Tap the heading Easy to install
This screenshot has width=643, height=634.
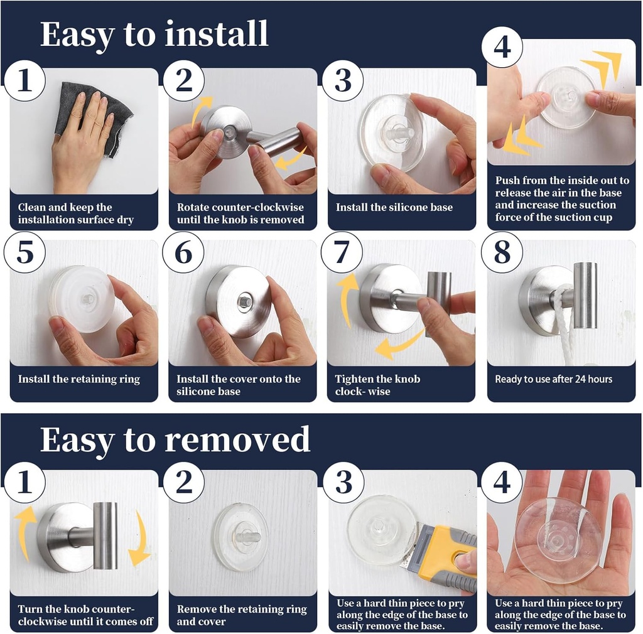pos(154,34)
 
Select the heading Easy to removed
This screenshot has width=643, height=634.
pos(175,439)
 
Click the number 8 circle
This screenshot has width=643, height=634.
pos(502,252)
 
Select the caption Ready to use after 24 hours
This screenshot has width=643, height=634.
pos(553,379)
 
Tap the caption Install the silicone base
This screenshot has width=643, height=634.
pos(394,207)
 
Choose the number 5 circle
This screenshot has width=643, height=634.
pos(24,252)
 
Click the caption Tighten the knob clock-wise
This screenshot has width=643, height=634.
pos(377,385)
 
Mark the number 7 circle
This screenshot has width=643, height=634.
pos(342,252)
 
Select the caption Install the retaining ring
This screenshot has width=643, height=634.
pos(79,379)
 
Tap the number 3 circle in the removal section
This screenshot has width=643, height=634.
pos(343,482)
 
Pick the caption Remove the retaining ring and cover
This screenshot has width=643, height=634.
pos(242,615)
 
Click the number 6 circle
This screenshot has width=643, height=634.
pos(183,252)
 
